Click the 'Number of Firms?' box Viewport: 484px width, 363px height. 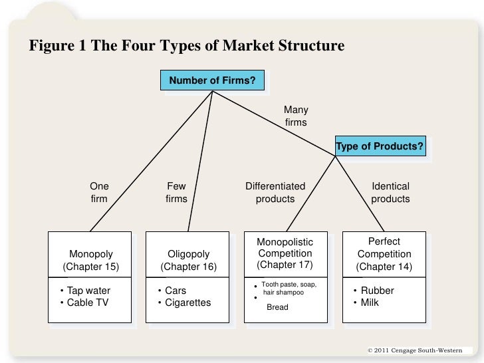pos(212,81)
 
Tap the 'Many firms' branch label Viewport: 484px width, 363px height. pos(296,116)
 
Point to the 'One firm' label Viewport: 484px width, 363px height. pos(98,193)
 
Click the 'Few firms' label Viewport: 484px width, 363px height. pos(176,193)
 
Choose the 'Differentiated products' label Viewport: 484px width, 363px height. pos(275,193)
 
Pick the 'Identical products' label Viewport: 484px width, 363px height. pos(390,193)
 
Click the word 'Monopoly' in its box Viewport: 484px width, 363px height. pos(91,254)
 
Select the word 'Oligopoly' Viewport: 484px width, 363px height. pos(189,254)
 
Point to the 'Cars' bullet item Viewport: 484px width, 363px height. pos(176,291)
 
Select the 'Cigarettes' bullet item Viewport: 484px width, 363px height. pos(187,302)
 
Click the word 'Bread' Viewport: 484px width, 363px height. pos(277,307)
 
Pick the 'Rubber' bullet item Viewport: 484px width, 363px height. pos(377,291)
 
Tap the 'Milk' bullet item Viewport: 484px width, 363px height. pos(370,302)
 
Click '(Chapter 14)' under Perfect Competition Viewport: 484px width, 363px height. pos(384,267)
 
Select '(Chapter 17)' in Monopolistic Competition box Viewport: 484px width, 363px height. pos(285,265)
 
